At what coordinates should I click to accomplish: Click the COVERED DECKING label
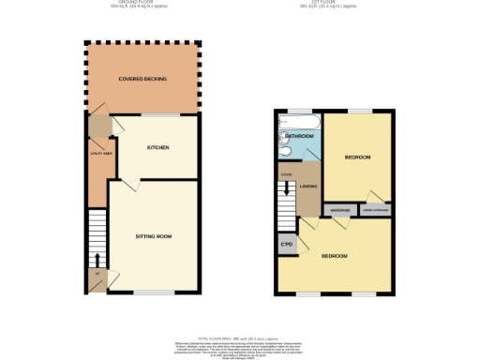pos(142,79)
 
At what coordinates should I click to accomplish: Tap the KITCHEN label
pos(157,147)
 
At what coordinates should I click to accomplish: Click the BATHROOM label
pos(299,136)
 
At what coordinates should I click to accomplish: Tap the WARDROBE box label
pos(339,210)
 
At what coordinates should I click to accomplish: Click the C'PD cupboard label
pos(286,245)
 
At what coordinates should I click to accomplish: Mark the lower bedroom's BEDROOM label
pos(335,256)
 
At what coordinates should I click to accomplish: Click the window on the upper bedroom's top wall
pos(360,111)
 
